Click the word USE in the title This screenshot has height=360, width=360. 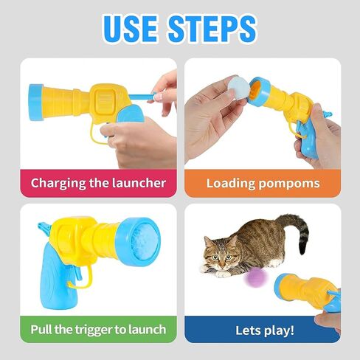130,29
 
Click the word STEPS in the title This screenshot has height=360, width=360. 212,29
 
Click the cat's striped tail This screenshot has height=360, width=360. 297,230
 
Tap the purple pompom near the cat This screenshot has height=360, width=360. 255,277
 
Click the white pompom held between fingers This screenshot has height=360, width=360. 238,87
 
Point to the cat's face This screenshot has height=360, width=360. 221,253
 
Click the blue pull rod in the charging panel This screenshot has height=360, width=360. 142,97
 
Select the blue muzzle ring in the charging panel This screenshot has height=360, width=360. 36,103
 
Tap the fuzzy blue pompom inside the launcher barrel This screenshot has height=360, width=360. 145,242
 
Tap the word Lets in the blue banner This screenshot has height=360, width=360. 249,330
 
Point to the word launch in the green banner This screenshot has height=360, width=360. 147,330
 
